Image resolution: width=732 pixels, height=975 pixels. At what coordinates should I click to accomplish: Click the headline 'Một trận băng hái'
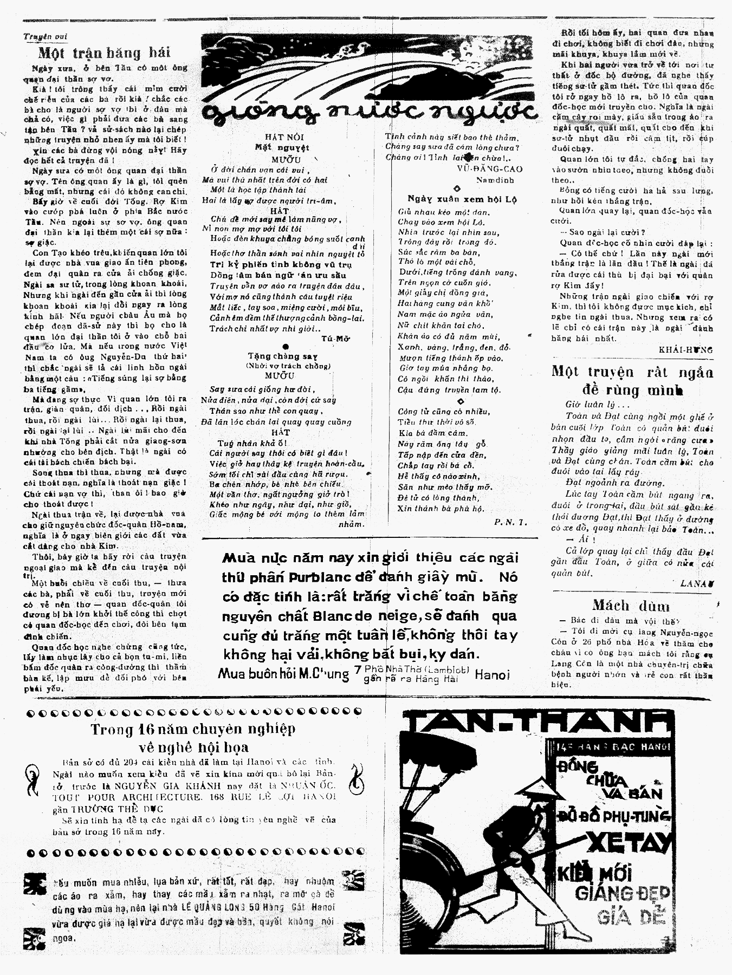[105, 53]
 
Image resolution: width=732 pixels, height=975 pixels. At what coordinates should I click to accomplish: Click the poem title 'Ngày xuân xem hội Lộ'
[462, 199]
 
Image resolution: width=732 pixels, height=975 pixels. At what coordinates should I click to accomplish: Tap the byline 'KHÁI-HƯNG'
[685, 349]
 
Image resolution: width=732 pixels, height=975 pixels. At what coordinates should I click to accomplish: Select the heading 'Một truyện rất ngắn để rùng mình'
[632, 380]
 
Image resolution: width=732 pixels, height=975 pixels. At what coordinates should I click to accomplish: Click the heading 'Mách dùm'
[631, 606]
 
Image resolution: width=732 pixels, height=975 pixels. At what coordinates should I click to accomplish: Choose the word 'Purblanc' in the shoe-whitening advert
[312, 577]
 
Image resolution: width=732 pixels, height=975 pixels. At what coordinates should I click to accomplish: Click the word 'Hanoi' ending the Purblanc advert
[492, 674]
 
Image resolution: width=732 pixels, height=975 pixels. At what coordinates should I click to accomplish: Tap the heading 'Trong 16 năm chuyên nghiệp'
[193, 729]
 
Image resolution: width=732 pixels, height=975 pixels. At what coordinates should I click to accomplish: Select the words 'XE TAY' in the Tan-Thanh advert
[631, 843]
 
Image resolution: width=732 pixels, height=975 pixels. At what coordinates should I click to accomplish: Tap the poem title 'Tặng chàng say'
[282, 356]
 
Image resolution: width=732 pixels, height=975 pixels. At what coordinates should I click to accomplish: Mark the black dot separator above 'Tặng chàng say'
[286, 347]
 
